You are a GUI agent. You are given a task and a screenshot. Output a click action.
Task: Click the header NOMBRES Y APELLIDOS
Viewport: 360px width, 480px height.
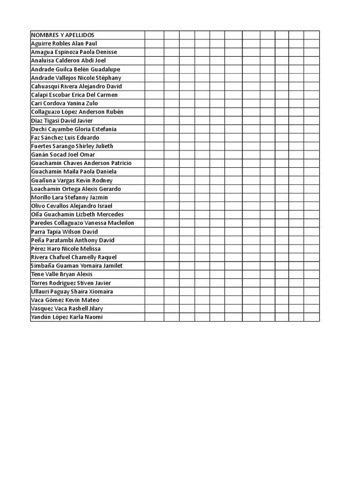click(x=62, y=35)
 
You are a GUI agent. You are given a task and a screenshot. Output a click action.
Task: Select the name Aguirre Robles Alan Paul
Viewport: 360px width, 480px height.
click(x=64, y=44)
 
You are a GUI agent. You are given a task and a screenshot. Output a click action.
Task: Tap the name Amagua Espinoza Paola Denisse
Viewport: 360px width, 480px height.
click(x=74, y=52)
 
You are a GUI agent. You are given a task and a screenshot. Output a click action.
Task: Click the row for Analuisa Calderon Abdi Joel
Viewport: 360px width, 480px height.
click(x=68, y=60)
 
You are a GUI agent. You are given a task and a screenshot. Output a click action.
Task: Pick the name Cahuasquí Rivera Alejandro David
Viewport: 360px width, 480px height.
click(x=76, y=86)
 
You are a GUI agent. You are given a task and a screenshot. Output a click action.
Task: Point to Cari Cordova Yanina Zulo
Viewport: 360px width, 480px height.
click(x=64, y=103)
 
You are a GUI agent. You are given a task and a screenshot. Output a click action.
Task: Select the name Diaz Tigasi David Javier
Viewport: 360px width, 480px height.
click(x=62, y=120)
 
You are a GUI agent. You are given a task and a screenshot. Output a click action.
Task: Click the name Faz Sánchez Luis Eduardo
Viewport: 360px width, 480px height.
click(x=65, y=138)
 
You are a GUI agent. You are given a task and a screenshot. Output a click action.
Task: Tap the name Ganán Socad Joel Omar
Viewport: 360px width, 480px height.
click(x=63, y=155)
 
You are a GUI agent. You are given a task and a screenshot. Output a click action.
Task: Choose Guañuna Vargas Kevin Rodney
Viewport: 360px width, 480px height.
click(x=71, y=180)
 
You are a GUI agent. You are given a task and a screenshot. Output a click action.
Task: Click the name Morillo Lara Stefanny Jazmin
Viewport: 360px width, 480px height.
click(x=69, y=197)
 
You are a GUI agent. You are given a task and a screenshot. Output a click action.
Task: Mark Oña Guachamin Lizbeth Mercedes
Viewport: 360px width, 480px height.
click(x=77, y=214)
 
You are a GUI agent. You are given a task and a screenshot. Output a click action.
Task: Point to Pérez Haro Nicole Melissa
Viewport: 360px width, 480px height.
click(x=66, y=248)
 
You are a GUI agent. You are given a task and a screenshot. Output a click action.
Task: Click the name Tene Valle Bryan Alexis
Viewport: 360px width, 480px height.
click(x=61, y=274)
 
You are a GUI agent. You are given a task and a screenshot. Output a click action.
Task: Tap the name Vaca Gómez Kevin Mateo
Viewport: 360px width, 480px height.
click(x=65, y=300)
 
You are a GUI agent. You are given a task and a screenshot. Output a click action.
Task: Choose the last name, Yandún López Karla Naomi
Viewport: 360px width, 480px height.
click(x=66, y=317)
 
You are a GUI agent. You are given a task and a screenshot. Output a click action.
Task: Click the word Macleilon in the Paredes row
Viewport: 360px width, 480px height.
click(x=121, y=223)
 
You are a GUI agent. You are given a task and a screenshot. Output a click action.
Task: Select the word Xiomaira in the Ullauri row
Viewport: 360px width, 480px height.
click(x=102, y=292)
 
